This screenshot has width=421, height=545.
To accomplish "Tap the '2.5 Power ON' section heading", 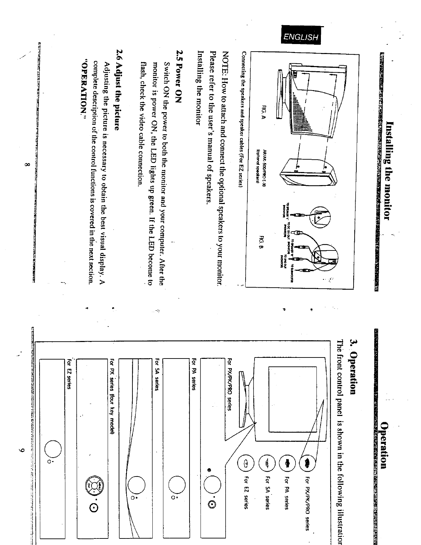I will point(179,74).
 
